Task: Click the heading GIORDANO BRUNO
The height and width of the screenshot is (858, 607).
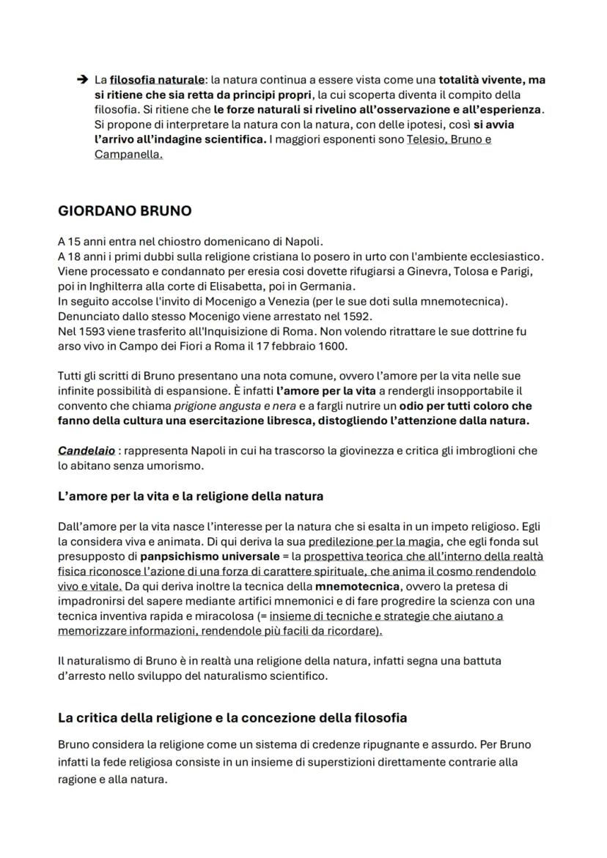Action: point(124,211)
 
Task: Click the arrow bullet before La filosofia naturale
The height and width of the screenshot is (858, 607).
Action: point(82,79)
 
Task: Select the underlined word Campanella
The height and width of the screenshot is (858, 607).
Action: point(128,155)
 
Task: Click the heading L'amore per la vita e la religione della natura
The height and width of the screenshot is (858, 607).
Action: point(190,496)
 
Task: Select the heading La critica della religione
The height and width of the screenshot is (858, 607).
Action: point(232,717)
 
